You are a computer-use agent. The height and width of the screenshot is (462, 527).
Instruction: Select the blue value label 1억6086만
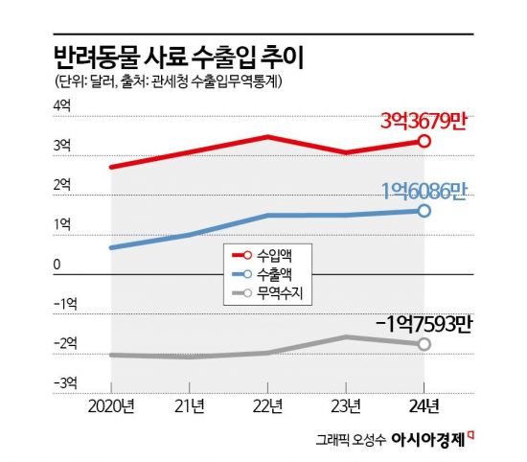[423, 190]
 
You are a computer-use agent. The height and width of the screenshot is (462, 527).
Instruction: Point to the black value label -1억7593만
[419, 323]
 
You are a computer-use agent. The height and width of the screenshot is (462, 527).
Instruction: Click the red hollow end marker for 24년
[424, 141]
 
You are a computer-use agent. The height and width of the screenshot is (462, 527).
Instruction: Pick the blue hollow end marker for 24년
[424, 210]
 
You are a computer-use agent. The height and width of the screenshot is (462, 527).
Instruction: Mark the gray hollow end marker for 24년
[424, 343]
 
